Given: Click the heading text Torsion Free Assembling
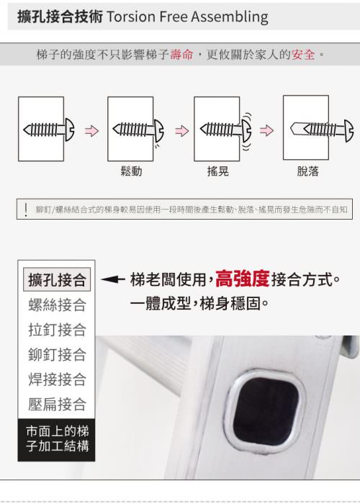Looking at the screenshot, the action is coord(187,17).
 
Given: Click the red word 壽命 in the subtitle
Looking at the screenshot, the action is coord(181,54).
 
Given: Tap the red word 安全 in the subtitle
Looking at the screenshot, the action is coord(303,54).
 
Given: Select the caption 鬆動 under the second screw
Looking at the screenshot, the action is coord(131,171).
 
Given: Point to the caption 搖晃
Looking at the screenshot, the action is coord(218,171).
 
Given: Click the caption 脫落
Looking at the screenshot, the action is coord(307,171).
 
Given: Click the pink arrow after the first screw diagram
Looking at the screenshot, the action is coord(92,131).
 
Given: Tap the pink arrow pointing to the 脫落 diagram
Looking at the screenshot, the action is coord(267,130).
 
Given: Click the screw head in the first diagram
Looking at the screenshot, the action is coord(70,130).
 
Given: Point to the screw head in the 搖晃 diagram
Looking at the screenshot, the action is coord(247,130).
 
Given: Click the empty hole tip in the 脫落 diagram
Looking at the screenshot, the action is coord(297,129).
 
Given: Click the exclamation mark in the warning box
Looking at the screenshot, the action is coord(26,210).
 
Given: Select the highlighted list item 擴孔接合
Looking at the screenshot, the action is coord(57,279).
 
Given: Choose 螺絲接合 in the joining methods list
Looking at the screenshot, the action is coord(57,305).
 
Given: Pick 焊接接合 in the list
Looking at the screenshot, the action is coord(57,379).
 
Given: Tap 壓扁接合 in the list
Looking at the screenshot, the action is coord(57,404).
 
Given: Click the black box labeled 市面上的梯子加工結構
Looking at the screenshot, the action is coord(57,440).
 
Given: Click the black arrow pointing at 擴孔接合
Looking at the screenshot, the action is coord(113,279).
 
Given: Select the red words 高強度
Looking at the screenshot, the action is coord(243,279).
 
